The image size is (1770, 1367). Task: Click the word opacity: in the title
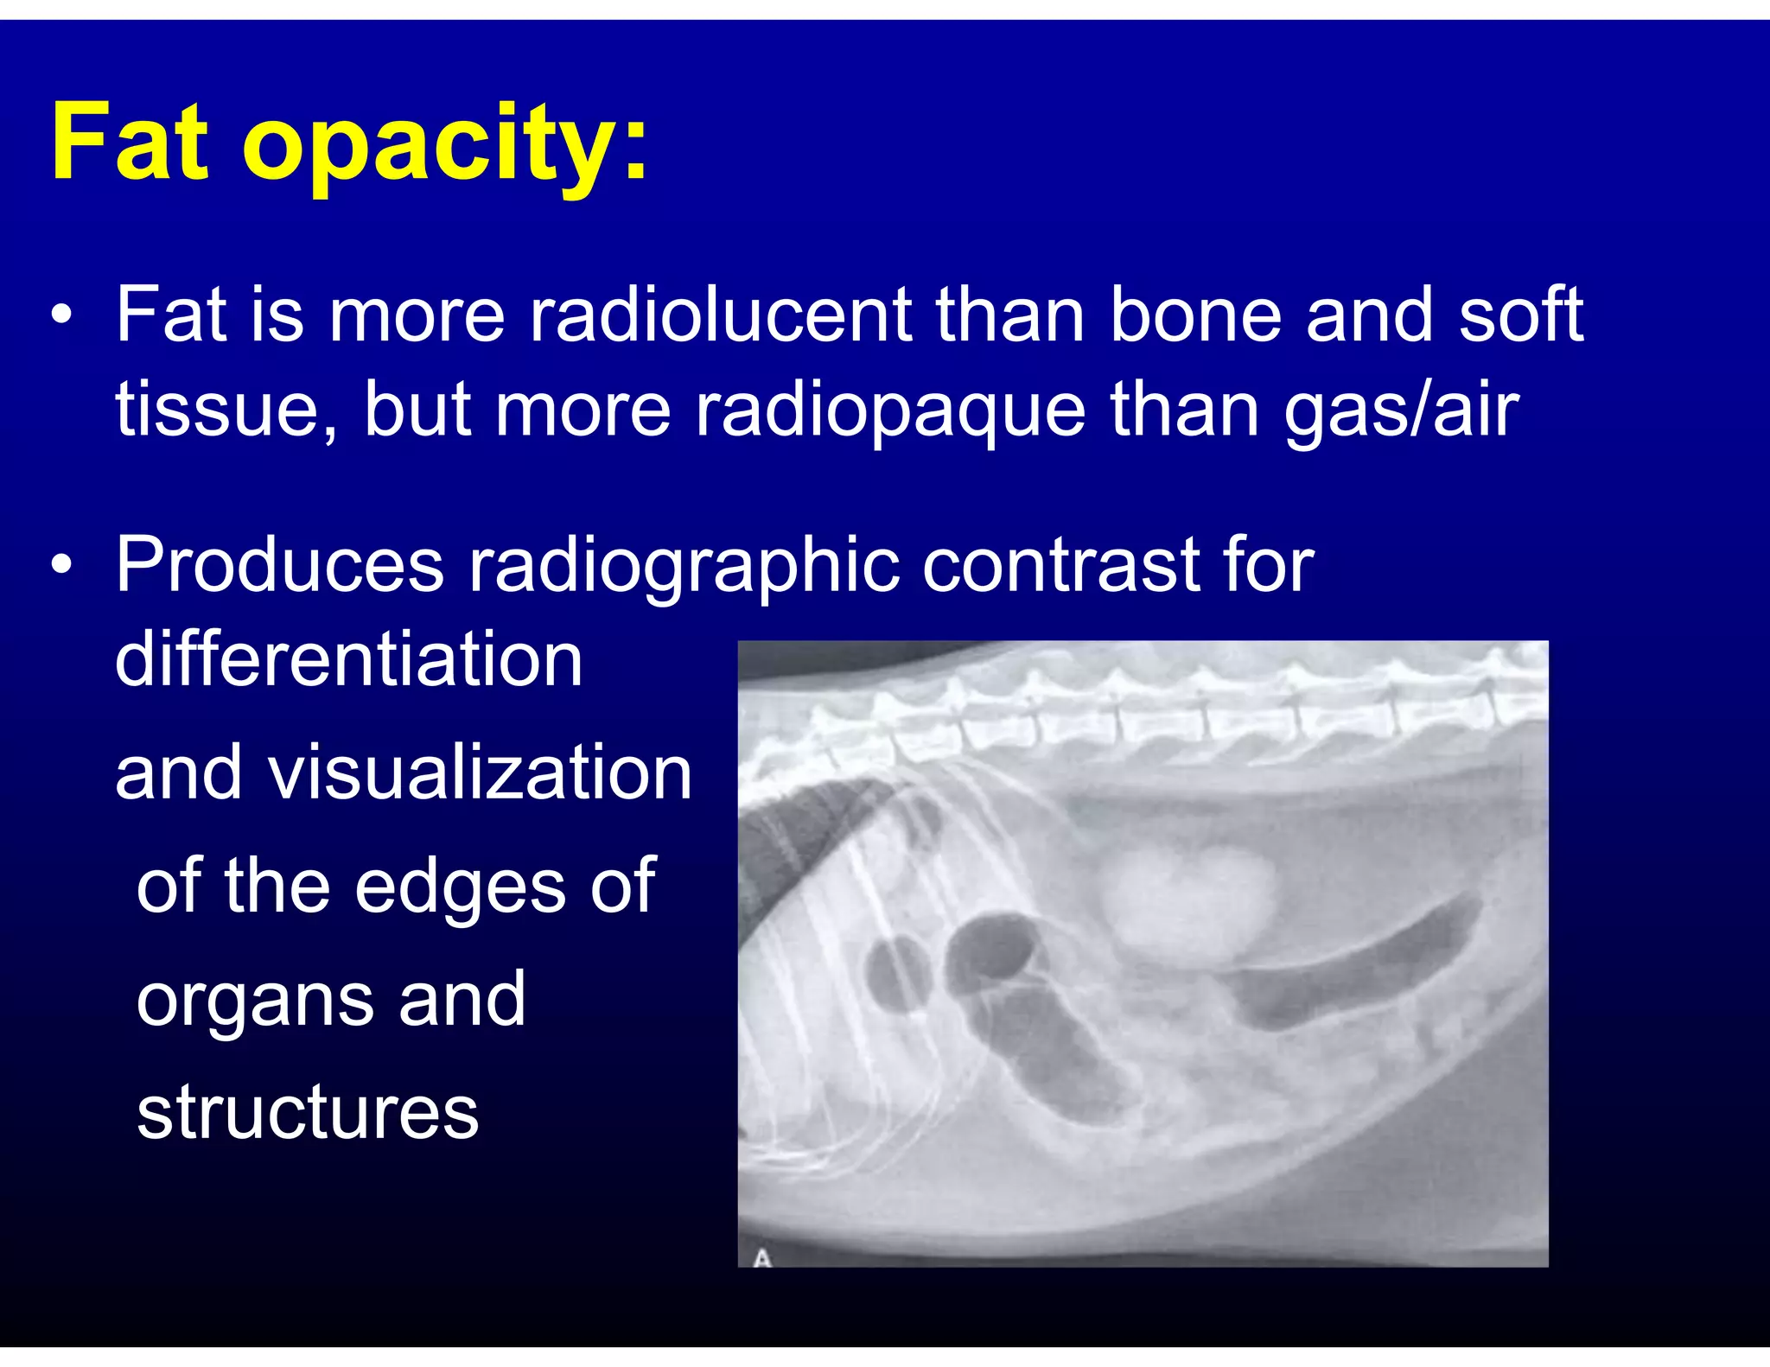[444, 147]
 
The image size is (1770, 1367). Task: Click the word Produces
[280, 565]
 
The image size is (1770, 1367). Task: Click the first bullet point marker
[60, 315]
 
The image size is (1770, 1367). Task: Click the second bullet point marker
[60, 566]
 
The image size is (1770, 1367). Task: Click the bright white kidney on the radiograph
[1188, 899]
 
